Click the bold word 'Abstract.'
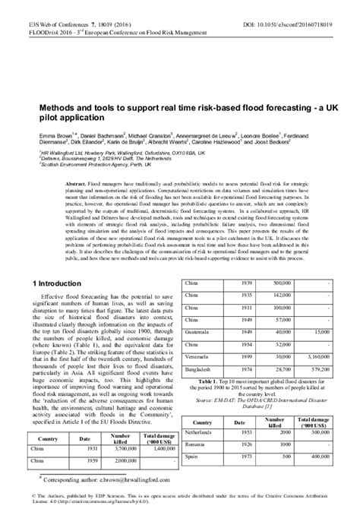pyautogui.click(x=77, y=184)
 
